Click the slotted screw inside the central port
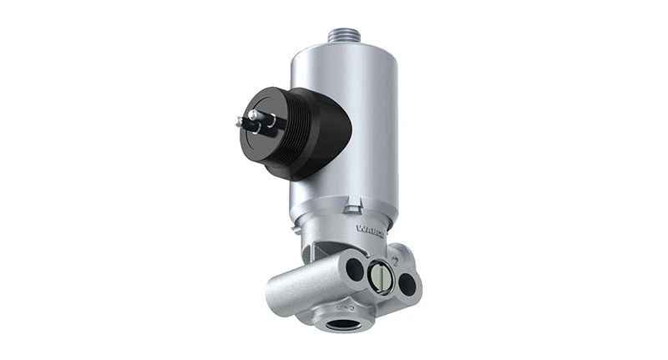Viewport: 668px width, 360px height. point(381,276)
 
